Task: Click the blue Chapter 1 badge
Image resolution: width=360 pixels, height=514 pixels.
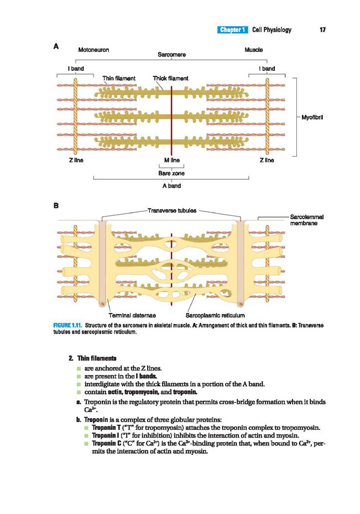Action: click(x=232, y=30)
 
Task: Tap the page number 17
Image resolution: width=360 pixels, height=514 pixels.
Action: click(x=322, y=30)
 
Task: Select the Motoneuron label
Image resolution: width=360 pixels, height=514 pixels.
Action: click(x=93, y=50)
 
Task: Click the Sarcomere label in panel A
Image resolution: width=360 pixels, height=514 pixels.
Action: click(x=171, y=54)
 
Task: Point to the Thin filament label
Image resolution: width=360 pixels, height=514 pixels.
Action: click(x=119, y=79)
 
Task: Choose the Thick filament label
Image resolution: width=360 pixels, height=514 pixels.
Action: click(x=171, y=79)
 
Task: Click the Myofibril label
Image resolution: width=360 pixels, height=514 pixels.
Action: click(x=312, y=117)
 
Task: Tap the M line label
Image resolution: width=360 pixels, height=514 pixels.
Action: click(x=172, y=160)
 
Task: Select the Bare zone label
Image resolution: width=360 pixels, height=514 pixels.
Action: click(x=171, y=173)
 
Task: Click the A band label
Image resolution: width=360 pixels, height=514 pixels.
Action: click(x=171, y=186)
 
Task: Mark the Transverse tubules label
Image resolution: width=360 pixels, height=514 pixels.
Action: click(x=172, y=210)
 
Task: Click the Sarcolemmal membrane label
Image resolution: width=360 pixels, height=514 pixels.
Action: click(x=307, y=220)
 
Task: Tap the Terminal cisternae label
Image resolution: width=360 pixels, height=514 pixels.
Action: click(x=132, y=315)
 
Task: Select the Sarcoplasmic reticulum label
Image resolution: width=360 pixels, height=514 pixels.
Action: click(x=215, y=315)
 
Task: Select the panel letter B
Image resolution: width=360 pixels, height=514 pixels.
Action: click(x=56, y=206)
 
